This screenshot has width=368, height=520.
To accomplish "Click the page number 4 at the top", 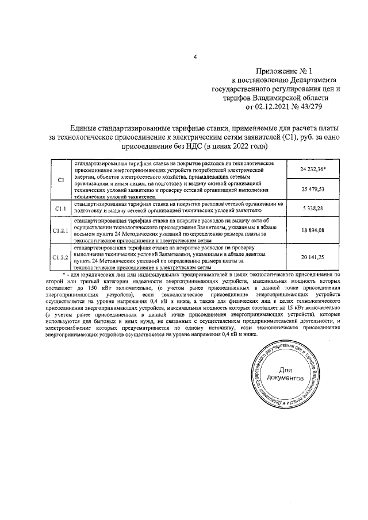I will [x=195, y=56].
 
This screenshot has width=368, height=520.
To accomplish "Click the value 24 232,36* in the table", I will [x=313, y=170].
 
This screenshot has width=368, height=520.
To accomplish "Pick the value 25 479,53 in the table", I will [x=312, y=188].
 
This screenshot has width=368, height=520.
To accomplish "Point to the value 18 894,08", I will [x=312, y=230].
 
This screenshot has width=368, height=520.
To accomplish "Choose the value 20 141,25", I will [x=312, y=257].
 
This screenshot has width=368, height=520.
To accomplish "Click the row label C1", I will [x=60, y=179].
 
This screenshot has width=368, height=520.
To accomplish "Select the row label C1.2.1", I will [x=60, y=230].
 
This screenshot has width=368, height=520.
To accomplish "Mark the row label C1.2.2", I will [x=60, y=257].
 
